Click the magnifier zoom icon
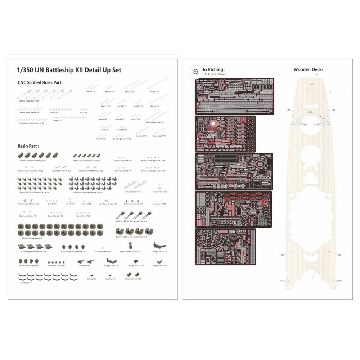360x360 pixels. click(x=195, y=72)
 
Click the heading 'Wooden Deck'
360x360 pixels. click(x=308, y=69)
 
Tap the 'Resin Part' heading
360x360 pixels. click(x=28, y=146)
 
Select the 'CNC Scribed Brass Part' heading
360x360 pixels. click(x=40, y=82)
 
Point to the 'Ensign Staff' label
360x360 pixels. click(x=159, y=136)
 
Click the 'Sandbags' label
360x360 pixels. click(x=27, y=283)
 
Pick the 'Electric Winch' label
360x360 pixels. click(x=133, y=279)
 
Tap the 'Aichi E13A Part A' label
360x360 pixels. click(x=61, y=171)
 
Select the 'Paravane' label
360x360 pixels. click(x=85, y=266)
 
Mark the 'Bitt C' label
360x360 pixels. click(x=83, y=112)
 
